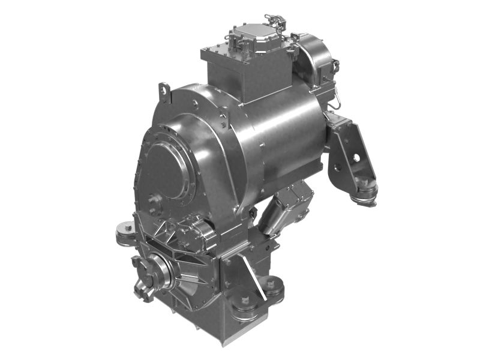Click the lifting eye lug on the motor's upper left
[163, 92]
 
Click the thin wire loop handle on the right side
[338, 93]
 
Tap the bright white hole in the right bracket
[356, 158]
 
